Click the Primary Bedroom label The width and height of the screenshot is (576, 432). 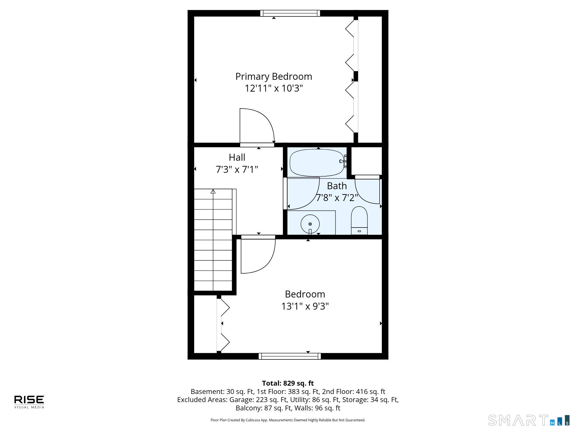coord(274,77)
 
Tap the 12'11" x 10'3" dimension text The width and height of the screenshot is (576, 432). coord(274,88)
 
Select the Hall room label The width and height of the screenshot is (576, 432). coord(237,157)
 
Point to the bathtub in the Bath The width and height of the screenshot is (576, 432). coord(317,162)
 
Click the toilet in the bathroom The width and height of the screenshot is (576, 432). coord(359,220)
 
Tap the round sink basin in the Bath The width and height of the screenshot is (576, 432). coord(310,224)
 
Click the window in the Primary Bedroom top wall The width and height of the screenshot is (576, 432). coord(290,13)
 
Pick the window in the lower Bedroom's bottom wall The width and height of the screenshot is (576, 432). coord(290,356)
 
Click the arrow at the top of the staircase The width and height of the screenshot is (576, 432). coord(213,191)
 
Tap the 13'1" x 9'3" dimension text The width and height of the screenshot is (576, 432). coord(305,306)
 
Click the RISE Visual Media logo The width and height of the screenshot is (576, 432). coord(29,402)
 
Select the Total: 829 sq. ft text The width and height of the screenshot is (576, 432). coord(288,383)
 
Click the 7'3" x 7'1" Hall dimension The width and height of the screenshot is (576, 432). coord(237,169)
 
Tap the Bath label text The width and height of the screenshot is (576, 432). coord(337,186)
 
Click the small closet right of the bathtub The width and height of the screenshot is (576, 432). coord(367,161)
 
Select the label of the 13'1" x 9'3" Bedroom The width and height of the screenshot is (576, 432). coord(305,294)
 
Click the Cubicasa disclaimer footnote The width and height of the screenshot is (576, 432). coord(288,420)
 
